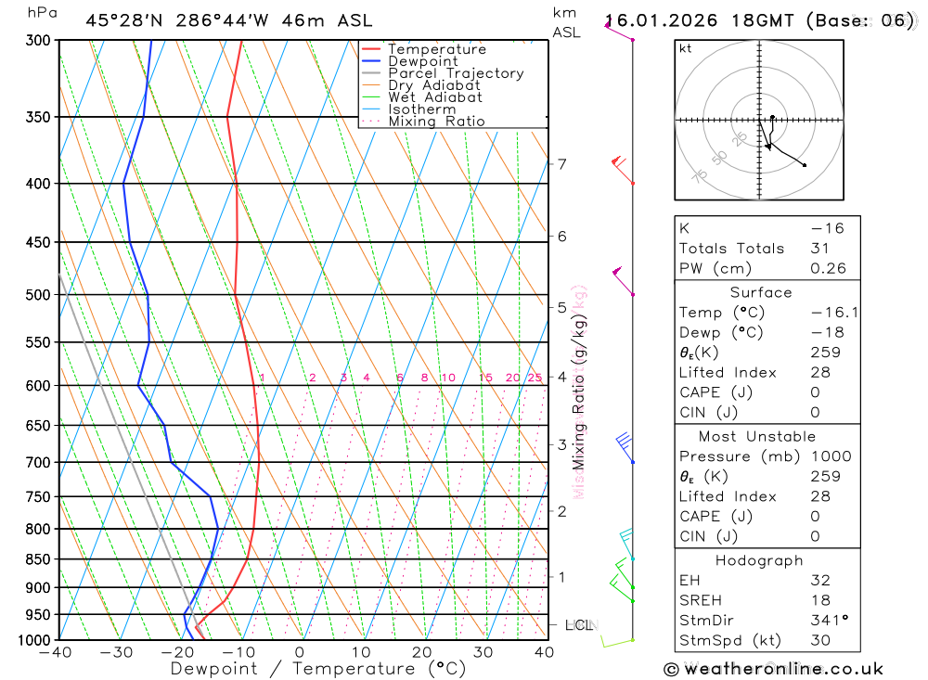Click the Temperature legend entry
pos(436,49)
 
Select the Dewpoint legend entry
pos(422,61)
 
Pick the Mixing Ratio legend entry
pos(436,122)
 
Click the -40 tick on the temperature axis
pos(56,652)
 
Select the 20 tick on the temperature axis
pos(422,652)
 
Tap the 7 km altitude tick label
pos(561,164)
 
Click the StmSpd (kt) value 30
pos(819,641)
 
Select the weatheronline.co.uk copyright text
pos(774,668)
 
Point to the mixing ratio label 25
pos(535,378)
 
